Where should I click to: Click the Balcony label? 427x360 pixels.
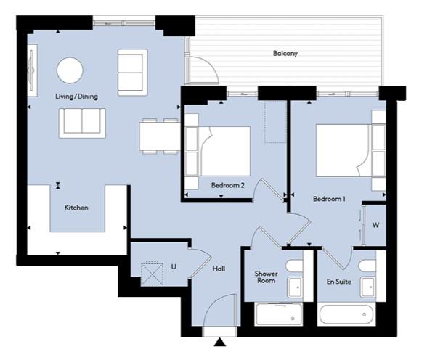coord(285,53)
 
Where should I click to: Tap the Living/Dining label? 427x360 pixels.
coord(76,97)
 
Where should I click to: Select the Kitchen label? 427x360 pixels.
coord(76,208)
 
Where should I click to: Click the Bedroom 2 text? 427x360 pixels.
coord(228,185)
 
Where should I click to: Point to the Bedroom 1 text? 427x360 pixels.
coord(329,199)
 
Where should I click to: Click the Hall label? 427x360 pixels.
coord(219,269)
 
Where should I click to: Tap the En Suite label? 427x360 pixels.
coord(338,282)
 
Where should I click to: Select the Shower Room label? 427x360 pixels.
coord(266,277)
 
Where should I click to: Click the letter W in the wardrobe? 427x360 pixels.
coord(375,225)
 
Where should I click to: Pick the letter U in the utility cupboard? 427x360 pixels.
coord(174,266)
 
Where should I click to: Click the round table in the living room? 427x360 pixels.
coord(70,70)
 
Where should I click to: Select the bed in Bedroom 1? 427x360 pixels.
coord(343,150)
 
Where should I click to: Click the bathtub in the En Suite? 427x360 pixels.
coord(346,315)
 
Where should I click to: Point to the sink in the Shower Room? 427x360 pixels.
coord(295,287)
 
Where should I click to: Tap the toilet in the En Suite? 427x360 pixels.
coord(367,266)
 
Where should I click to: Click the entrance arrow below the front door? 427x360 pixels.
coord(220,342)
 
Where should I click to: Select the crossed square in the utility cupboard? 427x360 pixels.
coord(152,274)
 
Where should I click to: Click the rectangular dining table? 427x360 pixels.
coord(160,136)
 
